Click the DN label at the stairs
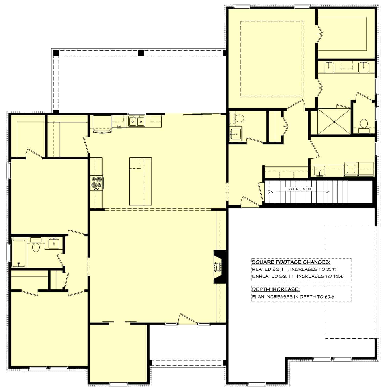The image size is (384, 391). pos(270,192)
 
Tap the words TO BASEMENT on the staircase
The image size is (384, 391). pos(300,189)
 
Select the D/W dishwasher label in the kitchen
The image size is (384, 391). pos(119,126)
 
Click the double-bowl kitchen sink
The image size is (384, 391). pos(136,121)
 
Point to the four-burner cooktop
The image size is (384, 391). pos(97,183)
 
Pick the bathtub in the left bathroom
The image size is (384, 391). pos(19,253)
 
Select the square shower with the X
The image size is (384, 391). pos(334,121)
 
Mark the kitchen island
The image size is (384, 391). pos(140,181)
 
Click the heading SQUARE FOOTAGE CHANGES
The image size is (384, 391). pos(291,262)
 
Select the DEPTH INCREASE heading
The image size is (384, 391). pos(276,289)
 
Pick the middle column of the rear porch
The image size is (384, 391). pos(141,53)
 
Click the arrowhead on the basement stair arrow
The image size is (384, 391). pos(328,192)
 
